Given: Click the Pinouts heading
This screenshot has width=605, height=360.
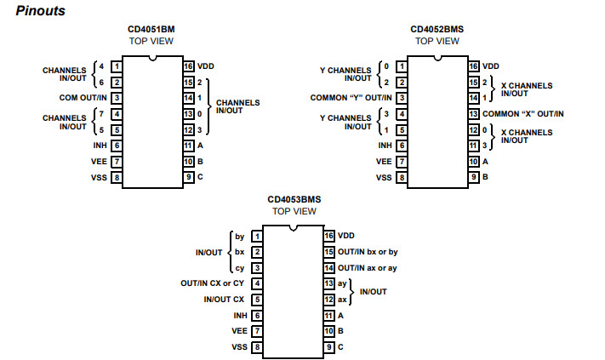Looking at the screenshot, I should (x=41, y=11).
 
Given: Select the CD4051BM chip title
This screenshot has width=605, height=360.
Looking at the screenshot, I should (x=151, y=29).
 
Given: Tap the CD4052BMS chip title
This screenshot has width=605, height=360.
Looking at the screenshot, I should (x=437, y=29).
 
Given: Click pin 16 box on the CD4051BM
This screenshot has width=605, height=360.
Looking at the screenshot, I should (x=188, y=66).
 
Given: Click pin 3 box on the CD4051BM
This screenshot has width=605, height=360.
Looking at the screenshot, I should (x=116, y=98).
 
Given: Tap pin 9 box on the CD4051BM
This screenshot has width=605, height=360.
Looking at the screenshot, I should (x=188, y=177).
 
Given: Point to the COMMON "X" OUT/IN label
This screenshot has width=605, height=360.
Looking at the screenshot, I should (x=522, y=113).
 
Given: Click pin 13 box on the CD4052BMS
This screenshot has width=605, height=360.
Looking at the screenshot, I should (x=473, y=113).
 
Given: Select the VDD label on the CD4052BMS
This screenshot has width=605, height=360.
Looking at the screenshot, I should (x=491, y=66).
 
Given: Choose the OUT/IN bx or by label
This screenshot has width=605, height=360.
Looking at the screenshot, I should (x=367, y=252).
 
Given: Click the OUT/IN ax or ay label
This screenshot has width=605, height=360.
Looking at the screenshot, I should (x=367, y=268).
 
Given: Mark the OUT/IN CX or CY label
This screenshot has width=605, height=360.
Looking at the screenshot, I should (x=213, y=283).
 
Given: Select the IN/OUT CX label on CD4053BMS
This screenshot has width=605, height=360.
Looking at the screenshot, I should (x=223, y=300).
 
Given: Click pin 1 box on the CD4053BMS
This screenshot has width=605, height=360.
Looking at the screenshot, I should (x=256, y=236).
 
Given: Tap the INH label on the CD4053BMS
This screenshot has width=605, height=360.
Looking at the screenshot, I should (x=239, y=315).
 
